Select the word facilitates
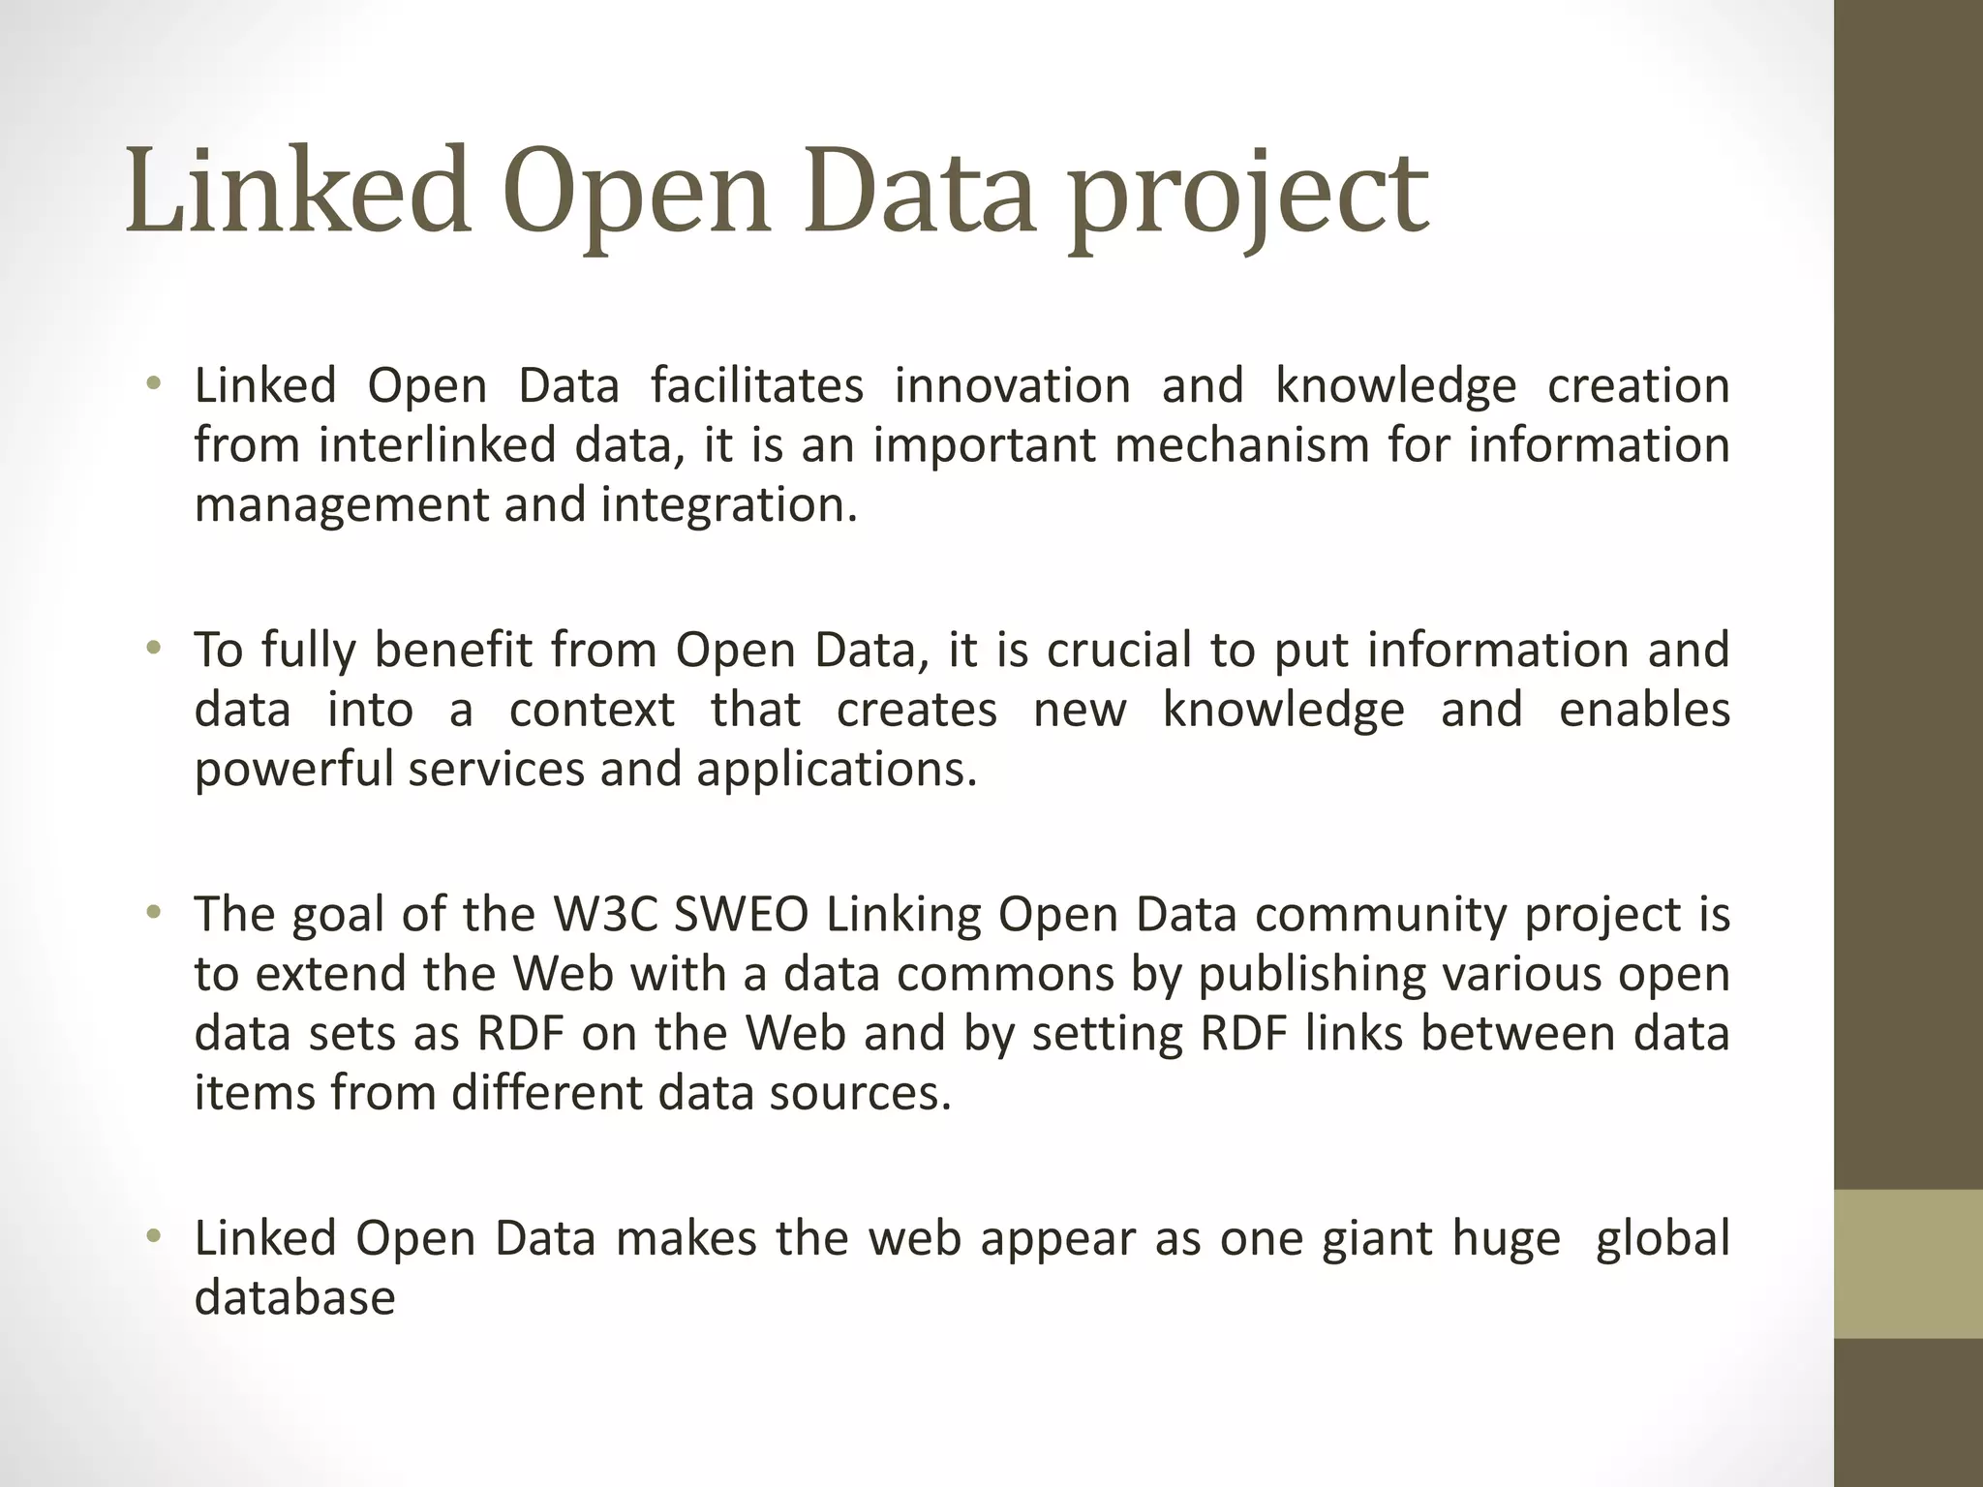coord(756,385)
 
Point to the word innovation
coord(1012,385)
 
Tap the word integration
coord(728,505)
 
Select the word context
coord(592,710)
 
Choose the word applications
coord(837,770)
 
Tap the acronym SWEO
coord(741,914)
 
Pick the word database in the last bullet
coord(294,1298)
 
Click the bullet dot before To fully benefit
coord(152,648)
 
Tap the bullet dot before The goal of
coord(152,912)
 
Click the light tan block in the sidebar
coord(1907,1263)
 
